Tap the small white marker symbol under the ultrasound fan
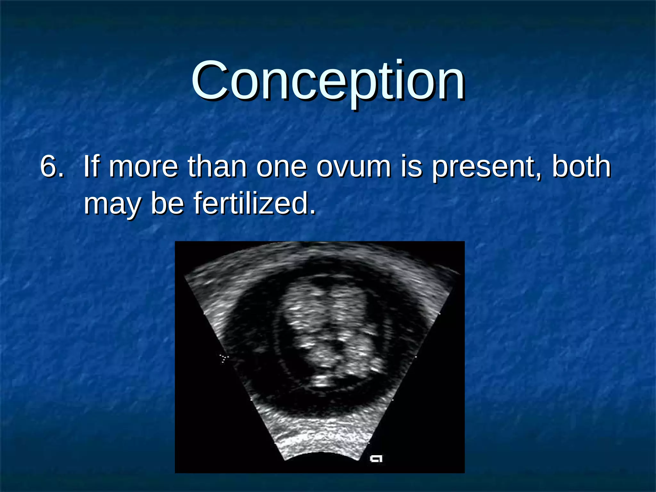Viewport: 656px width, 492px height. click(376, 458)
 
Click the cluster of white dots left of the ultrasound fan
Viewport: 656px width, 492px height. click(223, 358)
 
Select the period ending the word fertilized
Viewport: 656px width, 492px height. click(313, 212)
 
